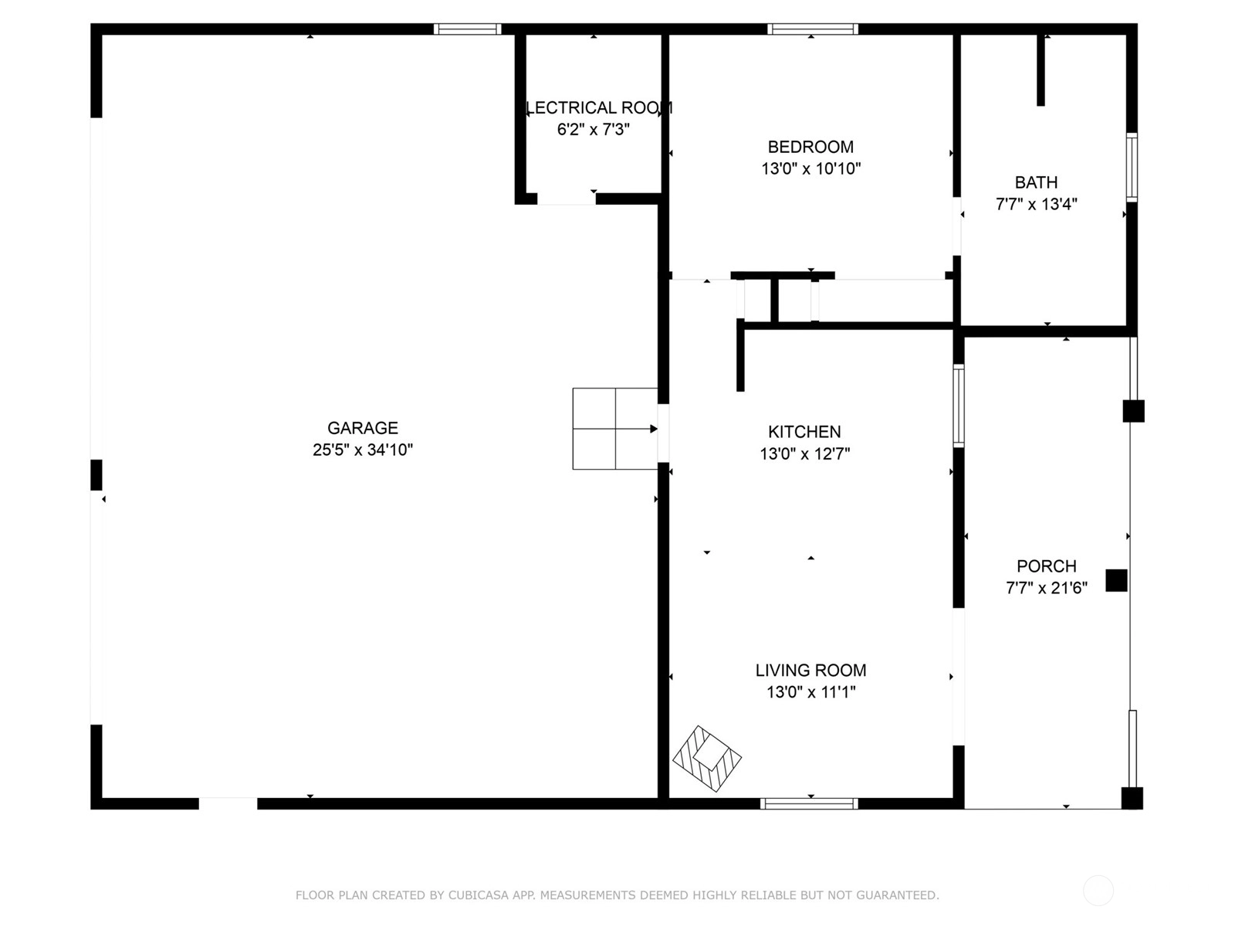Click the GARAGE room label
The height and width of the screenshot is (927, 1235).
362,428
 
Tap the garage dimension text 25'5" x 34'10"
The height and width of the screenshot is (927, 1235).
363,450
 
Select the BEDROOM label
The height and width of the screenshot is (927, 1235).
810,147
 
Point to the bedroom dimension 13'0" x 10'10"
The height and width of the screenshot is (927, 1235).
810,169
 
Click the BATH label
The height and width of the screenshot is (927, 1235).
1036,182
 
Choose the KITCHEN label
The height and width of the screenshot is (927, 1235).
804,432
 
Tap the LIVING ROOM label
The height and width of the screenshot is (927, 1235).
810,671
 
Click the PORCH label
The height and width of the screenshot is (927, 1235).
1047,565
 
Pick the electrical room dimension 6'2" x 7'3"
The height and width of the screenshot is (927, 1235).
593,130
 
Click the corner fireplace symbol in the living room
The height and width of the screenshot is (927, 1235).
707,758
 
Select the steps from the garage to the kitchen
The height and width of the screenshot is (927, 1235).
615,428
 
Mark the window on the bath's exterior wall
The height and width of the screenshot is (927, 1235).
1132,167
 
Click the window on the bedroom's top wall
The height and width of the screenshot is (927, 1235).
813,29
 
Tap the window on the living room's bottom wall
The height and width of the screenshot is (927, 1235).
809,803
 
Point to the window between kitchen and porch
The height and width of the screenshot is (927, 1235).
958,406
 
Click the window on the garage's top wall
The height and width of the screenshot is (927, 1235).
467,29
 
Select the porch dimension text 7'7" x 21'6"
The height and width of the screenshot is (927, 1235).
1047,588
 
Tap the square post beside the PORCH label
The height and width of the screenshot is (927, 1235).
1116,580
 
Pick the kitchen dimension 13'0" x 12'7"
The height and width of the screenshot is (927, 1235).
804,453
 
